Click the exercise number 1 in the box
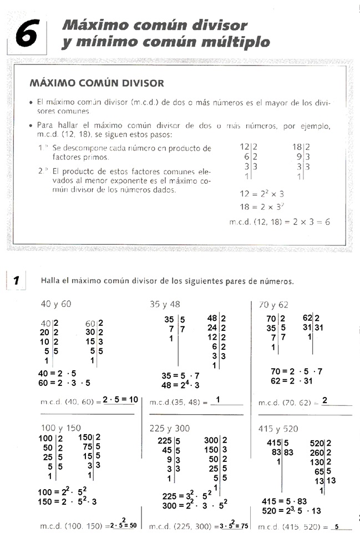[17, 280]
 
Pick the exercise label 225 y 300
[169, 428]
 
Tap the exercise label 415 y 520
[278, 428]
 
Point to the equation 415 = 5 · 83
[284, 501]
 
